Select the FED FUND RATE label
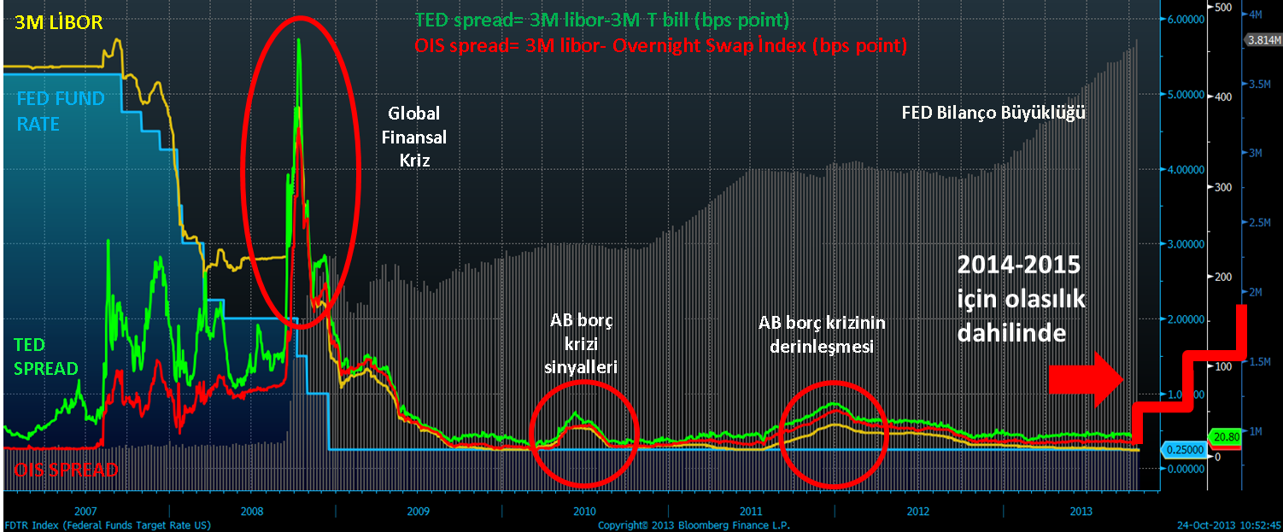(61, 111)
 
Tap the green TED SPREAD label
(45, 356)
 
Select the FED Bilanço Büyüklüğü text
(994, 112)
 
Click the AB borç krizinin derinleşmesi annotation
(822, 335)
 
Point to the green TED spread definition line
(601, 19)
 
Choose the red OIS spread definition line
(659, 44)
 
